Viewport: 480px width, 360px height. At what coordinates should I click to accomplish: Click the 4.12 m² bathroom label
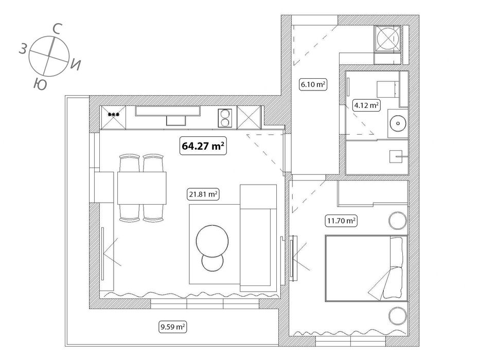click(x=366, y=106)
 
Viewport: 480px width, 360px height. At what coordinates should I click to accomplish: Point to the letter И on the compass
click(x=76, y=64)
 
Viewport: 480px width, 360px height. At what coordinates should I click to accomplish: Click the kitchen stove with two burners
click(x=225, y=118)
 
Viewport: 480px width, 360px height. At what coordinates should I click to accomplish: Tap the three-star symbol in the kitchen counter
click(x=113, y=114)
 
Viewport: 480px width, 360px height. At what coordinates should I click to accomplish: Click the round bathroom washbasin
click(x=398, y=123)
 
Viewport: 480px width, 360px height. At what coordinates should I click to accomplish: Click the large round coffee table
click(x=212, y=240)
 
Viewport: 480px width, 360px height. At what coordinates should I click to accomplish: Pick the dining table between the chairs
click(x=142, y=188)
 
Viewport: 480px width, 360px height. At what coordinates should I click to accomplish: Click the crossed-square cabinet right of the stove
click(x=247, y=117)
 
